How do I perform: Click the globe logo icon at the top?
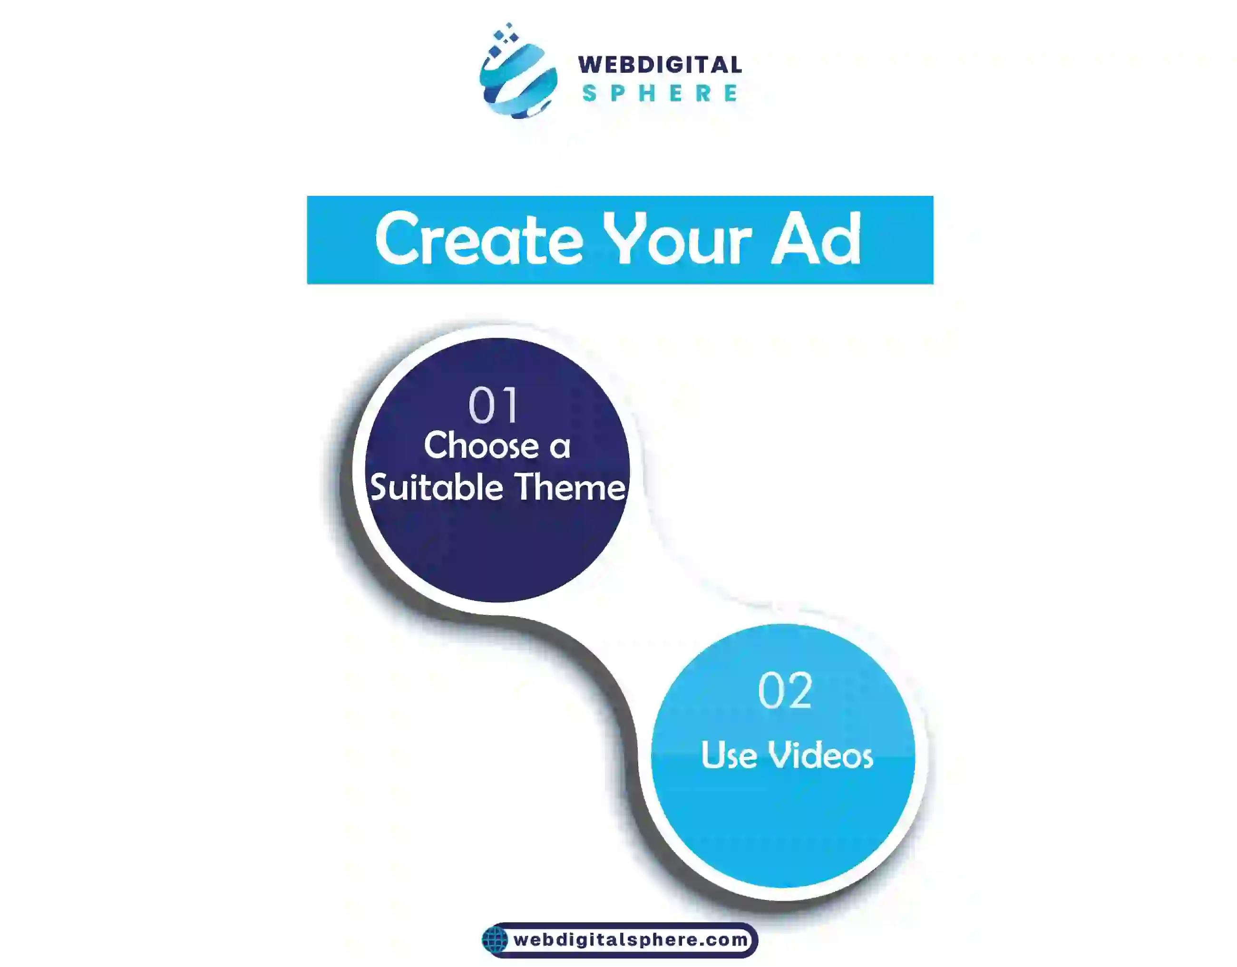(x=518, y=79)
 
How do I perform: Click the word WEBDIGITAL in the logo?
(x=659, y=65)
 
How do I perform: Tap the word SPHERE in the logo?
(x=660, y=93)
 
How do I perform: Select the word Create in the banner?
(x=478, y=240)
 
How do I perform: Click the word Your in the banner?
(x=676, y=240)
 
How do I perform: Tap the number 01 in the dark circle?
(x=493, y=406)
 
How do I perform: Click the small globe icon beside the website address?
(x=495, y=940)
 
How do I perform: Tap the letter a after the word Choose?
(x=560, y=447)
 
